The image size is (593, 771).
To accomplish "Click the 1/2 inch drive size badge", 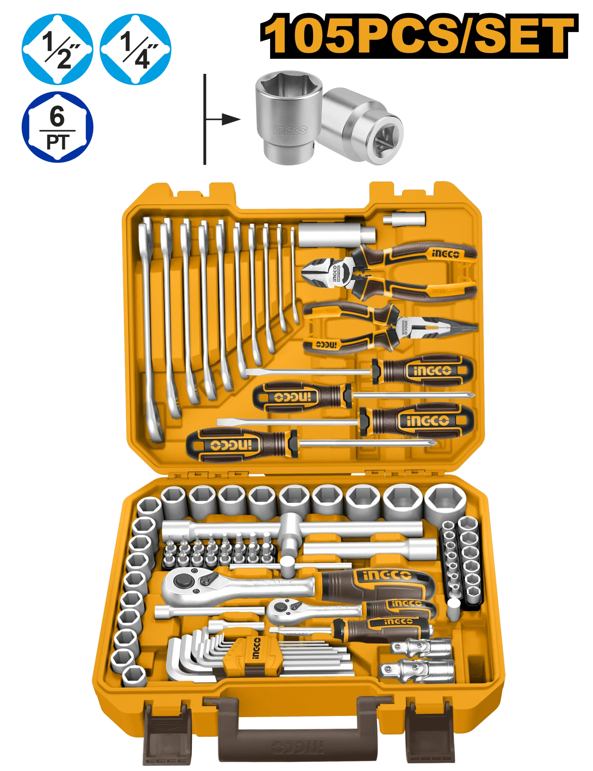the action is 57,49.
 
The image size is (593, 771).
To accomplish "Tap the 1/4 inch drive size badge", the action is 136,49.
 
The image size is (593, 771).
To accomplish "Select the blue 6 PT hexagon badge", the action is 57,127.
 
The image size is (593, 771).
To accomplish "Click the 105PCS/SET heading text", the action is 419,34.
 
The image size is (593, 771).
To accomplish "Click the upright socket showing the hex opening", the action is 289,117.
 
